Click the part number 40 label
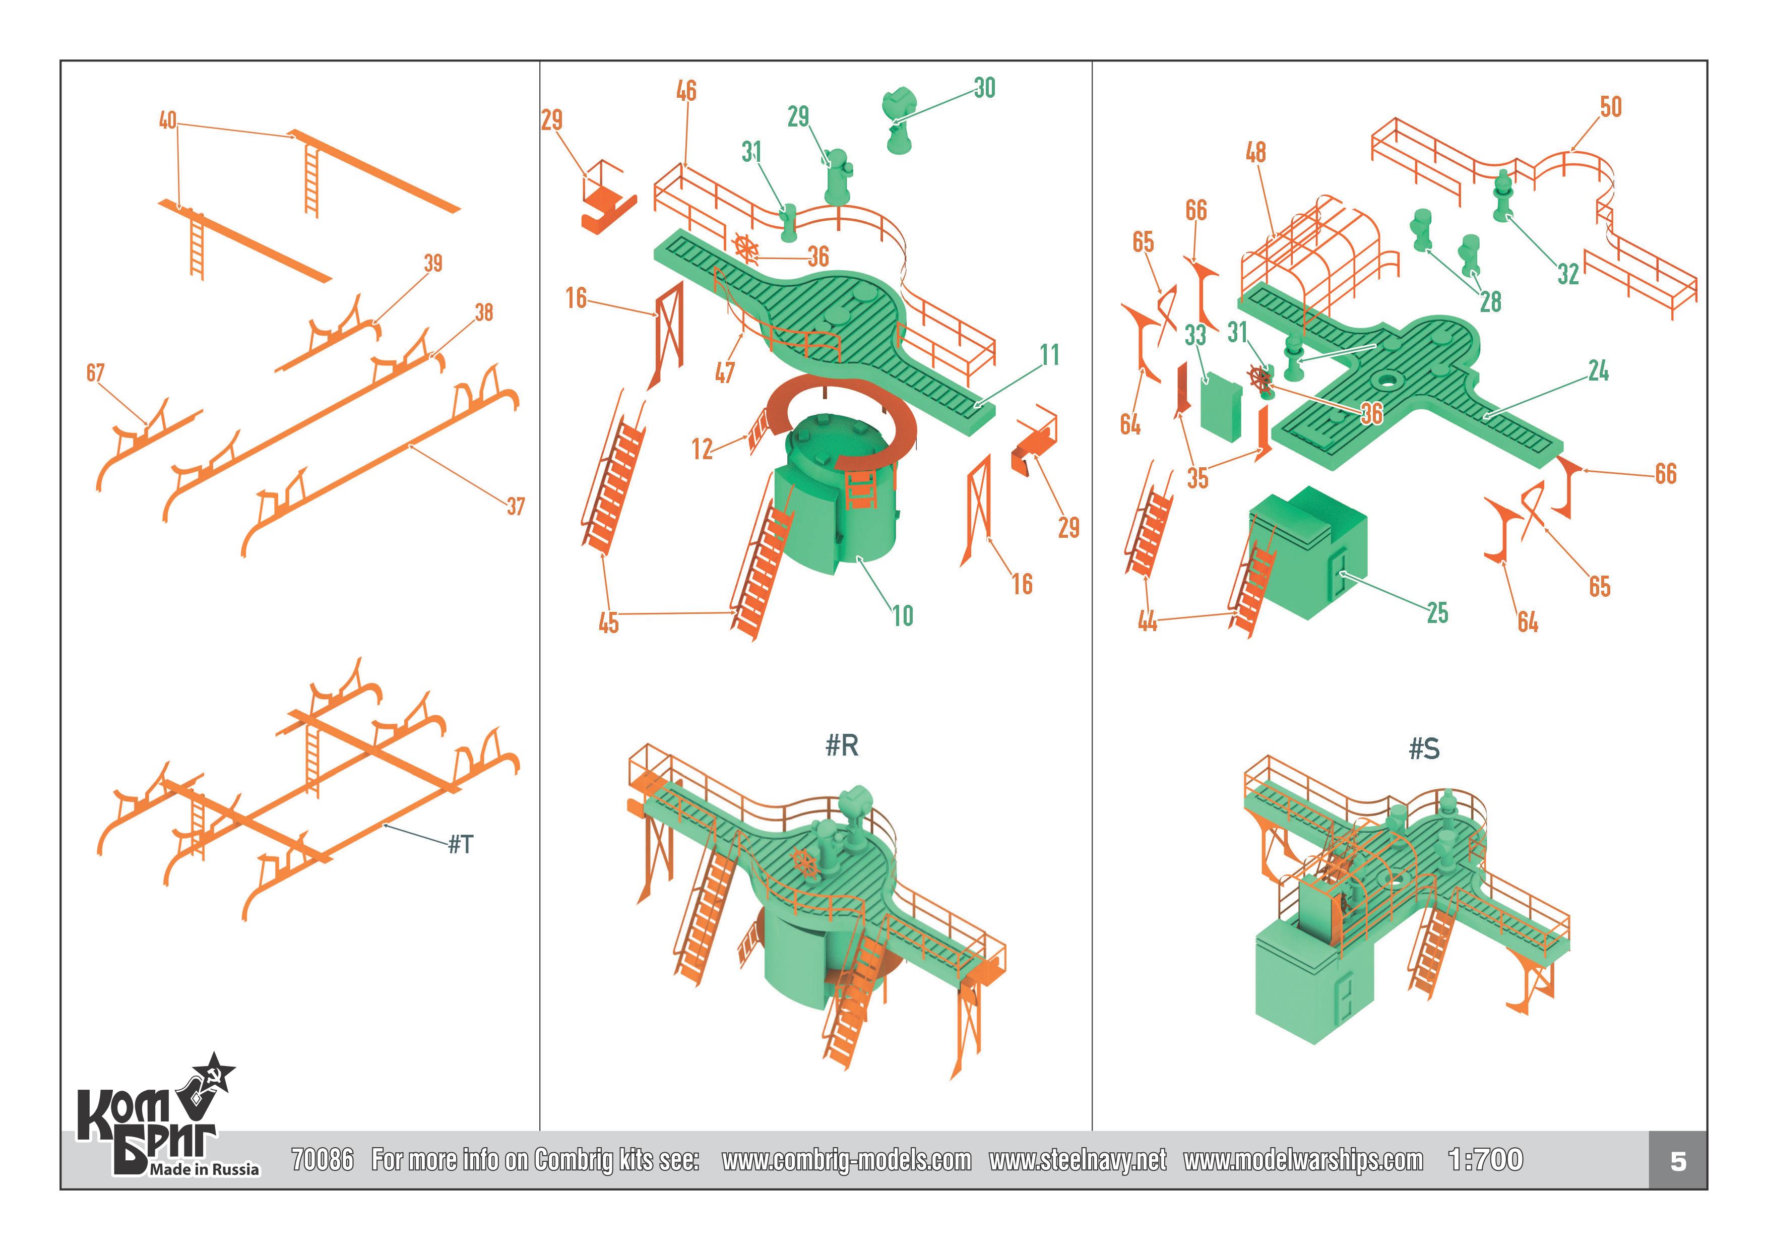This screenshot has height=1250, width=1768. [x=167, y=121]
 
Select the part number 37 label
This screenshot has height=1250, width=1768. [x=515, y=507]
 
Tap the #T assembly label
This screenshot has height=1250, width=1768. [x=461, y=845]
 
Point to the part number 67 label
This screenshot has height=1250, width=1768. [x=95, y=373]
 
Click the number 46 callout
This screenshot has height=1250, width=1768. [x=686, y=91]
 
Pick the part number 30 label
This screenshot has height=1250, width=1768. [x=984, y=88]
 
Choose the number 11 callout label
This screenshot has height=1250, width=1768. [x=1049, y=355]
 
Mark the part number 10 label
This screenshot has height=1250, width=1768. [x=903, y=616]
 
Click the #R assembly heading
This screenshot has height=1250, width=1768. [x=842, y=745]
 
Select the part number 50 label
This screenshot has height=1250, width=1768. [x=1610, y=107]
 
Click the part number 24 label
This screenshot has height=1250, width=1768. [x=1598, y=372]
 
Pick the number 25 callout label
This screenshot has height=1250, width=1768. [x=1437, y=613]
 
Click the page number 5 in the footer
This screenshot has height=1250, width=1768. [x=1678, y=1161]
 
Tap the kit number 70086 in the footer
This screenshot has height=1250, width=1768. [x=322, y=1160]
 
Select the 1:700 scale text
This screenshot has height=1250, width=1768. [x=1485, y=1160]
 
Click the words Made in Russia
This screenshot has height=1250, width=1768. [x=204, y=1169]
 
